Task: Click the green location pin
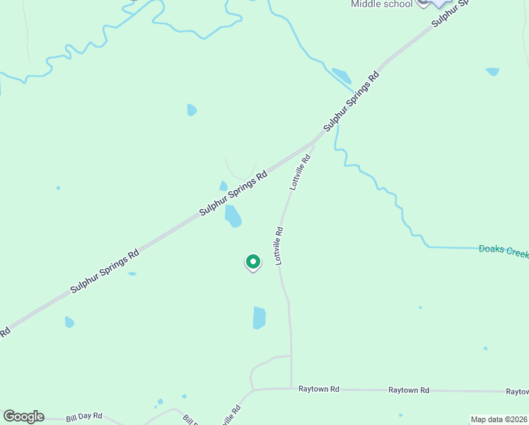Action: [252, 262]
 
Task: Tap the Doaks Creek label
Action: [503, 251]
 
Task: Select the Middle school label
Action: [382, 4]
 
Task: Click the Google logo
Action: [23, 416]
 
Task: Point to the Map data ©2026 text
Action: [499, 419]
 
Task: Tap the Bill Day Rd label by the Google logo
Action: [84, 417]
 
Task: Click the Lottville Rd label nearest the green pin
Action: [279, 245]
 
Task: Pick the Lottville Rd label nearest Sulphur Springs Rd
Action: [301, 171]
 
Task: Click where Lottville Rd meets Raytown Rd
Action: [291, 388]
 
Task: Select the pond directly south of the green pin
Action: [260, 318]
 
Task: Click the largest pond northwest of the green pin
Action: [233, 215]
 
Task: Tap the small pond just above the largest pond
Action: [223, 186]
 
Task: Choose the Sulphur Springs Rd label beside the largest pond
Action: [233, 193]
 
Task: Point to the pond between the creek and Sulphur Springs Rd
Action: [342, 76]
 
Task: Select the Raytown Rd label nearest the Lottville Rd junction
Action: [319, 389]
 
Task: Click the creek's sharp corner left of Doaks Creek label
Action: [427, 246]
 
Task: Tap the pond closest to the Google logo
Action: [69, 322]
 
